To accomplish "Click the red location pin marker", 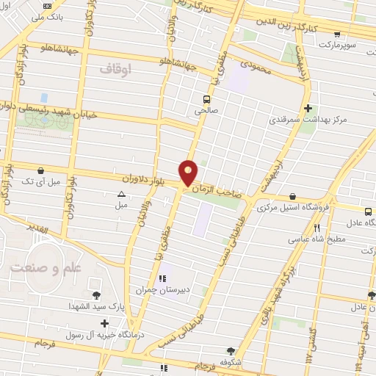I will click(189, 173).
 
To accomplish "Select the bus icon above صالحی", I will click(208, 98).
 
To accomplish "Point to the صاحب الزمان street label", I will click(216, 192).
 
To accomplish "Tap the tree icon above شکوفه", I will click(234, 350).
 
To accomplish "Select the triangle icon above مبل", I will click(121, 194).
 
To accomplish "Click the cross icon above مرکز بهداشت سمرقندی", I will click(308, 107).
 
